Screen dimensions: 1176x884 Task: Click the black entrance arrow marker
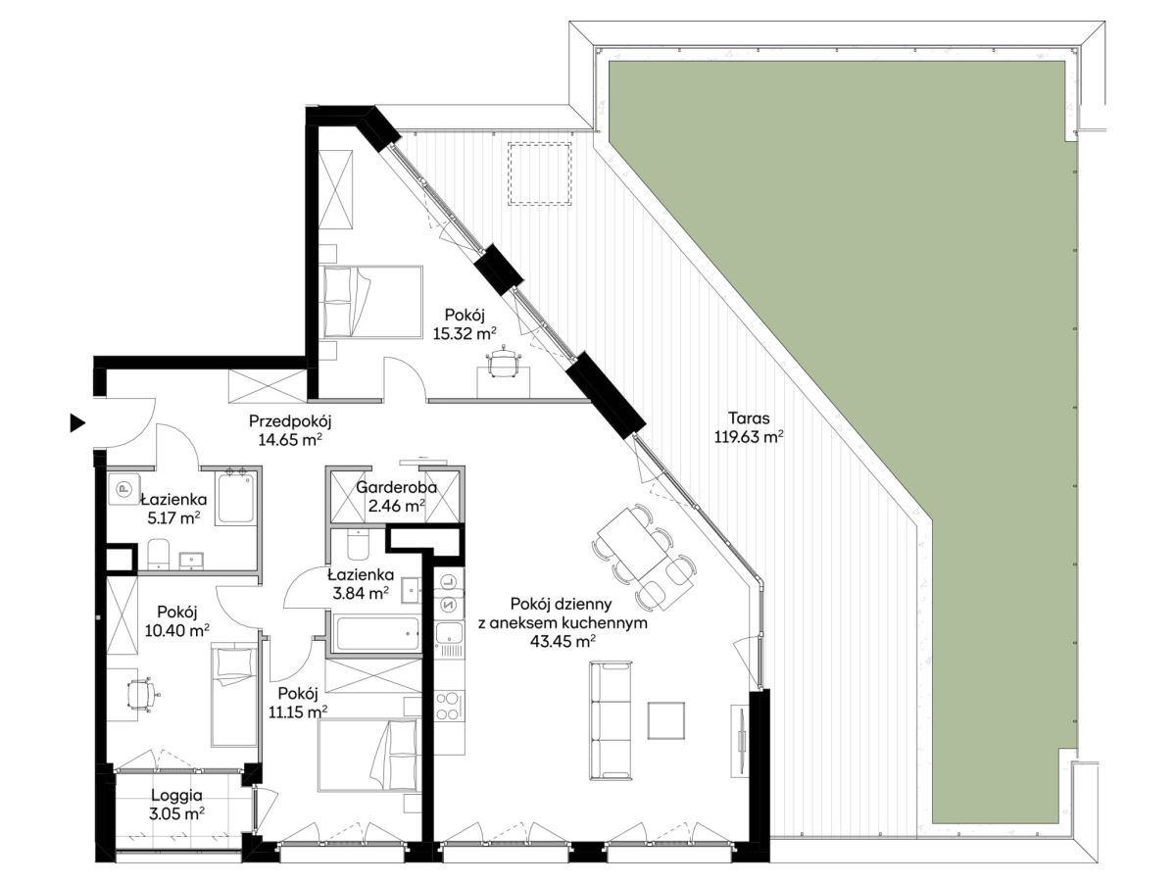click(x=77, y=423)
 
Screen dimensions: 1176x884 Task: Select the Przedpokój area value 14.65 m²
click(x=290, y=440)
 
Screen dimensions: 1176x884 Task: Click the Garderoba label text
click(x=397, y=487)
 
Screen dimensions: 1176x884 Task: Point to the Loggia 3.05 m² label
click(x=176, y=805)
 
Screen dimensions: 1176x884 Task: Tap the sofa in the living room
click(x=611, y=721)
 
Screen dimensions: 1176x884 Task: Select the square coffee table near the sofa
click(x=666, y=720)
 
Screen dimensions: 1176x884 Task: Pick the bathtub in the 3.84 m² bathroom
click(x=375, y=633)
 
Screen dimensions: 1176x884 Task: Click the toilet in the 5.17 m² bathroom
click(x=158, y=554)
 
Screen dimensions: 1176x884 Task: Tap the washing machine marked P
click(x=123, y=488)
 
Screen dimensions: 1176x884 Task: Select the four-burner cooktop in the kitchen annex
click(x=449, y=707)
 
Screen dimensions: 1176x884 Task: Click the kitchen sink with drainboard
click(x=449, y=641)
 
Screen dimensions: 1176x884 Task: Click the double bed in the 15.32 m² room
click(x=373, y=302)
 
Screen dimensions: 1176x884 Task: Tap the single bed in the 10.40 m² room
click(x=234, y=696)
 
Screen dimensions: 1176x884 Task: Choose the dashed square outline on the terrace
click(x=540, y=173)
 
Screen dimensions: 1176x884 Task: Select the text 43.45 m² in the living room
click(x=563, y=641)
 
